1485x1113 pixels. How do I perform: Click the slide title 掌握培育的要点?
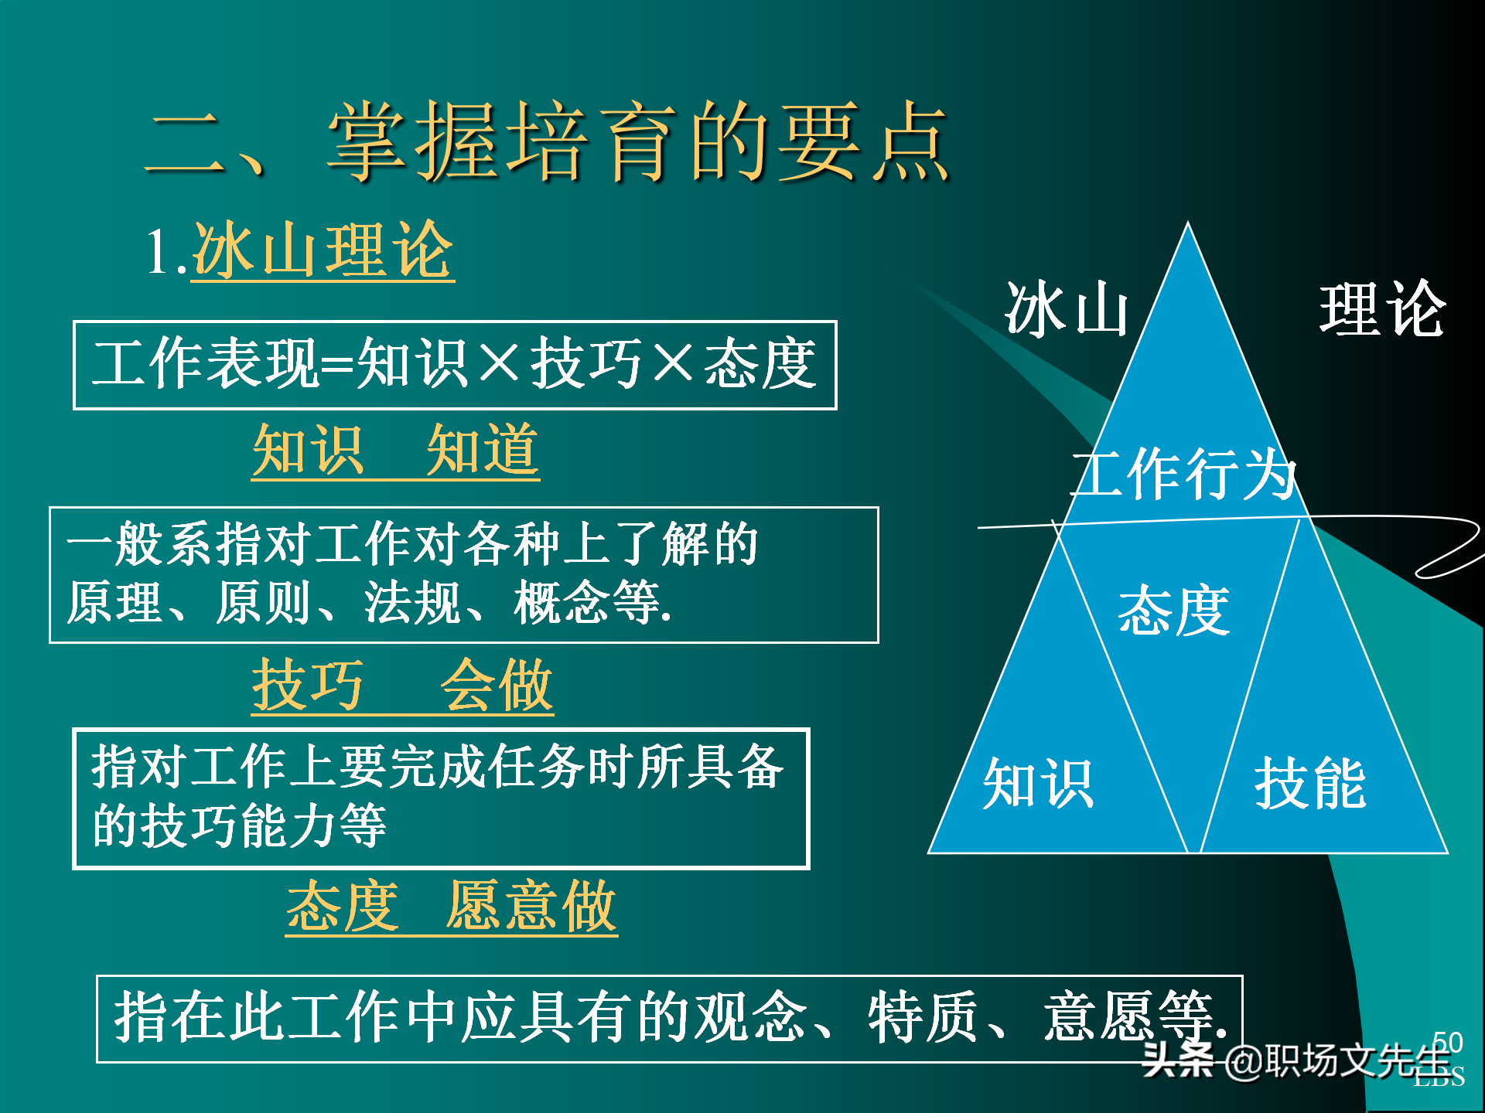(x=638, y=143)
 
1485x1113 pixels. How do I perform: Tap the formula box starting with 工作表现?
(x=455, y=365)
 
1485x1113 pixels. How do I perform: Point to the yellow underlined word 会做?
(x=497, y=686)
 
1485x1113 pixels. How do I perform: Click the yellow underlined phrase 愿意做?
(x=531, y=906)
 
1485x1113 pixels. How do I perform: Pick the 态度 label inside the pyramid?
(x=1173, y=611)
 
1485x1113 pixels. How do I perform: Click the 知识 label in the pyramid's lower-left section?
(x=1038, y=784)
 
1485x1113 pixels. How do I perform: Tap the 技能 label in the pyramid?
(x=1310, y=784)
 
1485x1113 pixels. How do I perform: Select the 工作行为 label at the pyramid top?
(x=1183, y=473)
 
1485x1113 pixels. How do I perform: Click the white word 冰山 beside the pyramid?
(x=1067, y=309)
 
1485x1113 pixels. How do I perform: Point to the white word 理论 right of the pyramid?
(x=1382, y=309)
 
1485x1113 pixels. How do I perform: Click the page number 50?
(x=1448, y=1042)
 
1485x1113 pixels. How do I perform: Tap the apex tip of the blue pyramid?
(x=1188, y=226)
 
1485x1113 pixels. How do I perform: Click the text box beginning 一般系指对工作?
(x=464, y=574)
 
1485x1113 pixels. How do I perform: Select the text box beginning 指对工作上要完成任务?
(x=441, y=798)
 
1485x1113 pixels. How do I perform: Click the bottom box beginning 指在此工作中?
(x=669, y=1018)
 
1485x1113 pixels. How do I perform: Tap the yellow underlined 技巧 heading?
(x=308, y=686)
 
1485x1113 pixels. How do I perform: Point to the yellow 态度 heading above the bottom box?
(x=343, y=906)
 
